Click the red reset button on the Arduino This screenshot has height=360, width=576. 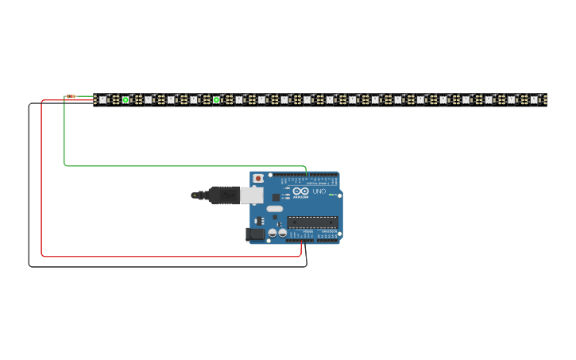[x=257, y=179]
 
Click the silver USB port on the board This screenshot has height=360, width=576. [x=251, y=195]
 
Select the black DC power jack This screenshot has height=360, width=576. [x=255, y=234]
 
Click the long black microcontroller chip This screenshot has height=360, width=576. [x=312, y=222]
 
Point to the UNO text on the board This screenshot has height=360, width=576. [x=319, y=192]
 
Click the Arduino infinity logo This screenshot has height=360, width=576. [x=300, y=192]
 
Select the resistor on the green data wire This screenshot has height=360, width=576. [x=71, y=96]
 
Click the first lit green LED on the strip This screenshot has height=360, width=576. [x=126, y=100]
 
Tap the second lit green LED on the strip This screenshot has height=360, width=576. [x=216, y=100]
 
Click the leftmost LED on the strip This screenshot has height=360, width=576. [x=102, y=100]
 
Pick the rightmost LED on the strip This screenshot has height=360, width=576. [x=535, y=100]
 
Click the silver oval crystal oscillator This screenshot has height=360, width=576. [x=274, y=209]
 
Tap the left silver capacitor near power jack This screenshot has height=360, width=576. [x=273, y=233]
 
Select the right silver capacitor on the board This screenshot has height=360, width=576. [x=283, y=233]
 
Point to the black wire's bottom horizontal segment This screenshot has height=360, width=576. [x=167, y=266]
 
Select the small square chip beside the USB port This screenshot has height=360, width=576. [x=276, y=197]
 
